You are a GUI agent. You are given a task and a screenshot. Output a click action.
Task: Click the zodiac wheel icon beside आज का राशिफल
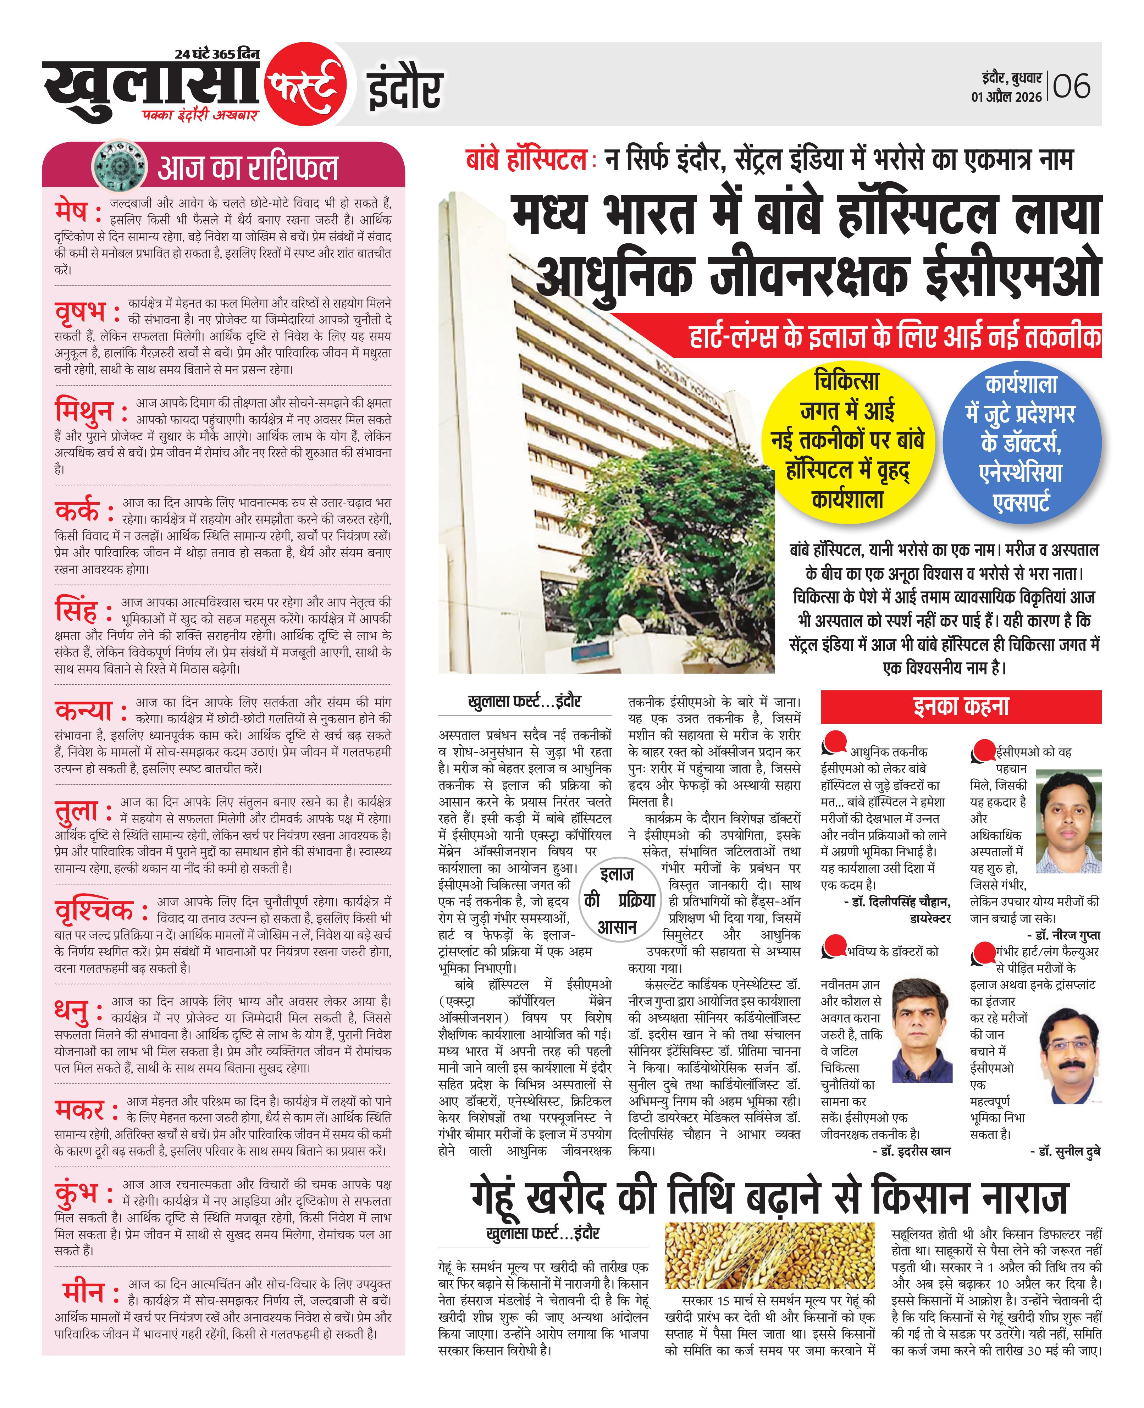click(119, 165)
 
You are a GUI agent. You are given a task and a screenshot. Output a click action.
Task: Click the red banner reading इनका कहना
click(961, 706)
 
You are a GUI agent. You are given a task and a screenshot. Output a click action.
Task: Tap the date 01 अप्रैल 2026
click(1006, 97)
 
